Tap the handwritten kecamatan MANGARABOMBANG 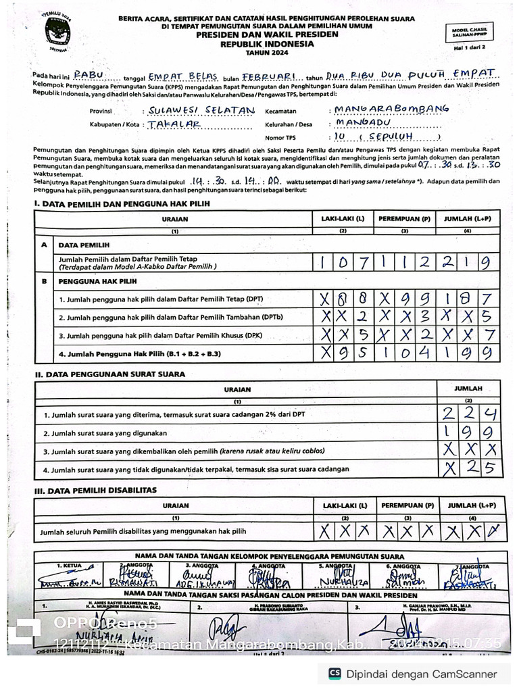pyautogui.click(x=391, y=108)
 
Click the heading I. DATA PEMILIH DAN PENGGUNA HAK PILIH pyautogui.click(x=122, y=203)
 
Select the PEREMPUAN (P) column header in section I pyautogui.click(x=404, y=219)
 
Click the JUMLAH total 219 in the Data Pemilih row pyautogui.click(x=468, y=261)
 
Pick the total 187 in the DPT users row pyautogui.click(x=468, y=298)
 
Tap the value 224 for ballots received pyautogui.click(x=469, y=414)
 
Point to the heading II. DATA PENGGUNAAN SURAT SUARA pyautogui.click(x=109, y=374)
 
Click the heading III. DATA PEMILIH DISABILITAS pyautogui.click(x=95, y=489)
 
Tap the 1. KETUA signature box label pyautogui.click(x=68, y=565)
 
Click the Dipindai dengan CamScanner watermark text pyautogui.click(x=421, y=674)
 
